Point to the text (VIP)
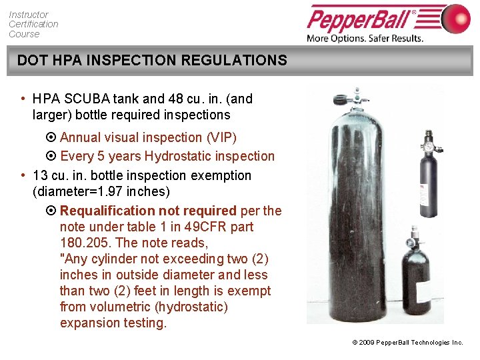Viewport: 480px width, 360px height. (x=221, y=137)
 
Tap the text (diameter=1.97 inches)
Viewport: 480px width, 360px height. (x=101, y=192)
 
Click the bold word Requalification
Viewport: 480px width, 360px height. (x=107, y=211)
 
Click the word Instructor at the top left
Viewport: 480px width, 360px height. (x=29, y=14)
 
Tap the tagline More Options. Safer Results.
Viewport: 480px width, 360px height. (x=365, y=38)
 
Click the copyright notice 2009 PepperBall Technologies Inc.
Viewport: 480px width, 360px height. (x=410, y=342)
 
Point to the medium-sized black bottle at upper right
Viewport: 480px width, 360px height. (x=427, y=183)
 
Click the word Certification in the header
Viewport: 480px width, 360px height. (x=33, y=24)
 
